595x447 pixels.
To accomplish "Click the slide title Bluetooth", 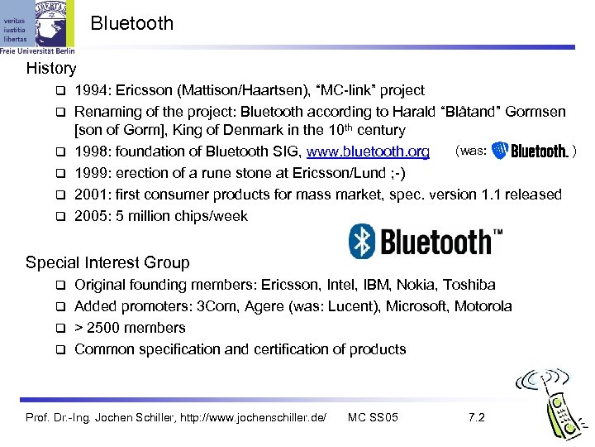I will point(132,23).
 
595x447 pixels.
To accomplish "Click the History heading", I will point(51,69).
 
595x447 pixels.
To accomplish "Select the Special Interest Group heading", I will point(107,263).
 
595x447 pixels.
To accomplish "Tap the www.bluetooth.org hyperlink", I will point(369,151).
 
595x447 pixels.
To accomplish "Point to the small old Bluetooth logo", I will point(530,151).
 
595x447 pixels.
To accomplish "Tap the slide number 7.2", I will point(476,417).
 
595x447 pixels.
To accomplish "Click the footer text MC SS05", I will point(374,417).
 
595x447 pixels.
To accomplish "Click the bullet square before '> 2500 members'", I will point(60,329).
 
